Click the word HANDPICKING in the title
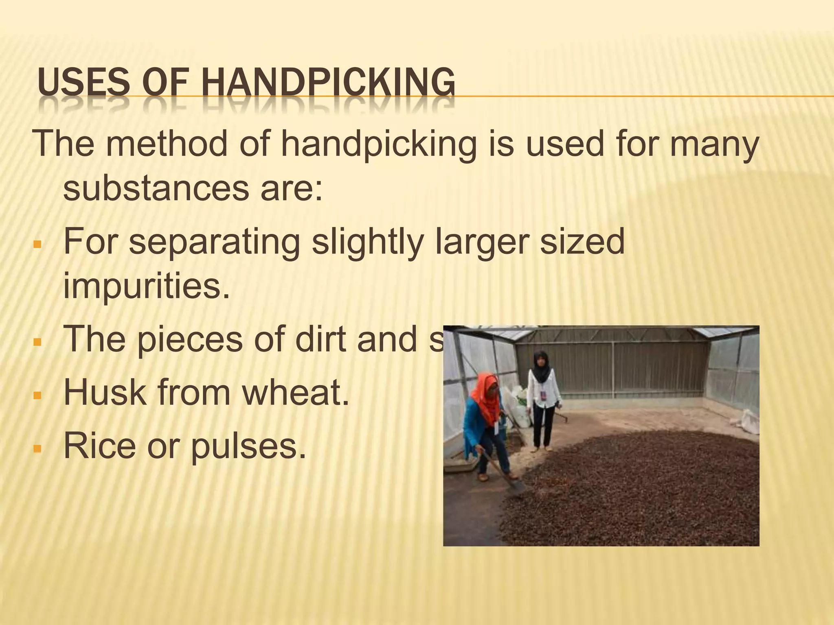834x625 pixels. (328, 83)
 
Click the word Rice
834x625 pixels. (99, 446)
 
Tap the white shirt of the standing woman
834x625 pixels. (543, 391)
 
